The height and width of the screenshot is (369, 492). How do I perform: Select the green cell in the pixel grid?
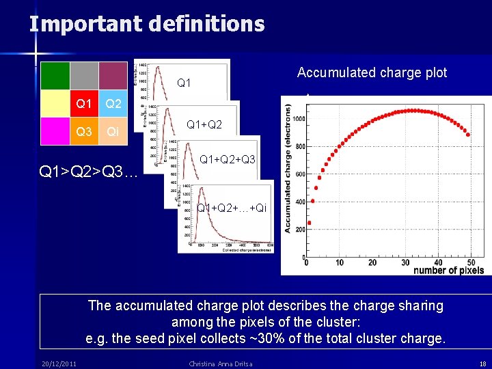(x=55, y=76)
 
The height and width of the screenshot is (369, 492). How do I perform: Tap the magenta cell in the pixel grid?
(x=55, y=131)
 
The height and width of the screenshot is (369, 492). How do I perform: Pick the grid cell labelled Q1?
(x=84, y=104)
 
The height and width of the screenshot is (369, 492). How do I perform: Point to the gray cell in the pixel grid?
(x=84, y=76)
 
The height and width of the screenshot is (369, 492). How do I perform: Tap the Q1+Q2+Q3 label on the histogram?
(x=227, y=160)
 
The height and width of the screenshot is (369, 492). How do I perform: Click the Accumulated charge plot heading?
(x=372, y=73)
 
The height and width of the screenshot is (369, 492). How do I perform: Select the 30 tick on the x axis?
(x=405, y=262)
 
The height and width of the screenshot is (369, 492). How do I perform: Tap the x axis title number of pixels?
(x=448, y=270)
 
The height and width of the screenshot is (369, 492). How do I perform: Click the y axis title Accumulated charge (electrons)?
(x=288, y=167)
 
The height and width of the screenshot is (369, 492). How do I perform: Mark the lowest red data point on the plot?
(x=309, y=223)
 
